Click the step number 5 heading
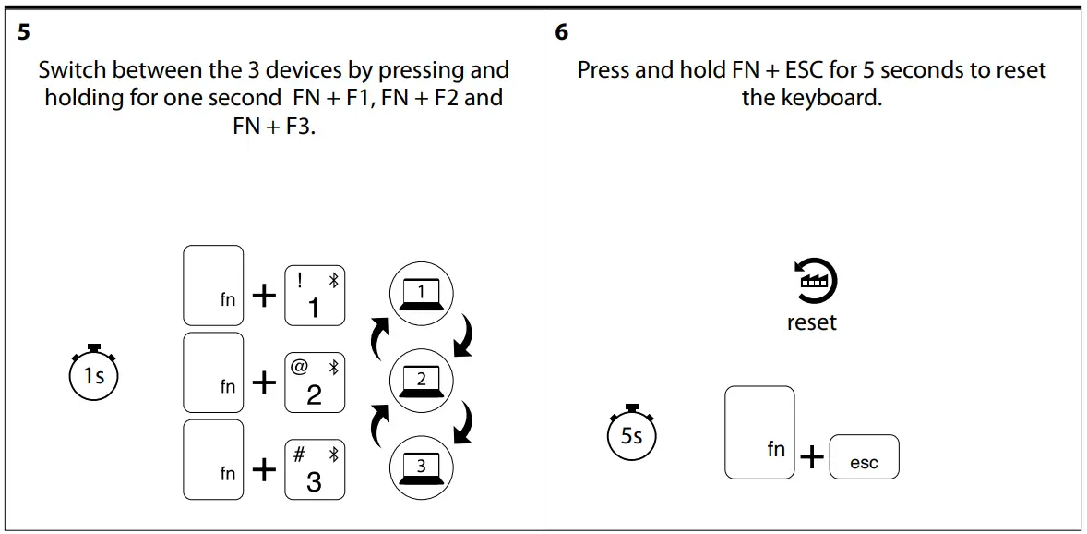pos(23,32)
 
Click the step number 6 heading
pos(562,32)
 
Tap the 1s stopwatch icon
pos(94,374)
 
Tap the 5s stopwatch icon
pos(631,433)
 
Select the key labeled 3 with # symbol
pos(314,468)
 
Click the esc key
pos(864,457)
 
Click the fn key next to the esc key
pos(759,432)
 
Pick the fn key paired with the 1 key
pos(214,285)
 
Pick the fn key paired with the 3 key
pos(214,460)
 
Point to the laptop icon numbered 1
pos(421,293)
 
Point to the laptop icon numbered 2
pos(421,380)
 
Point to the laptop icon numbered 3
pos(421,467)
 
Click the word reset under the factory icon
pos(812,322)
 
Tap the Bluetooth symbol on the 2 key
pos(334,367)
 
